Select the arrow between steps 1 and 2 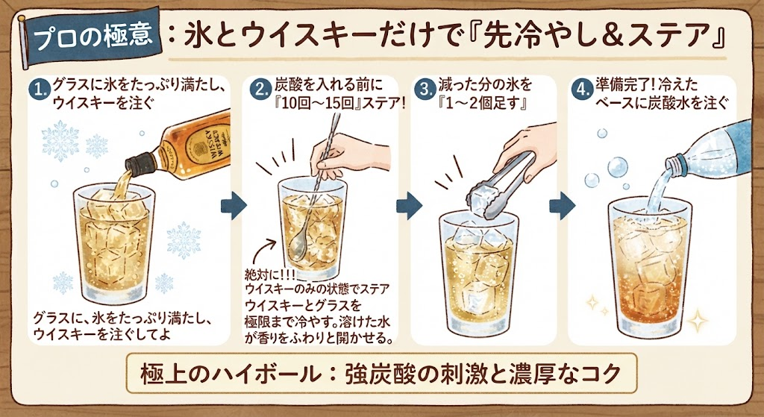pos(233,206)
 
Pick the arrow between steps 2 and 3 pos(408,206)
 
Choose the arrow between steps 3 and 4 pos(562,206)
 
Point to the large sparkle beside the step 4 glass pos(697,322)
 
